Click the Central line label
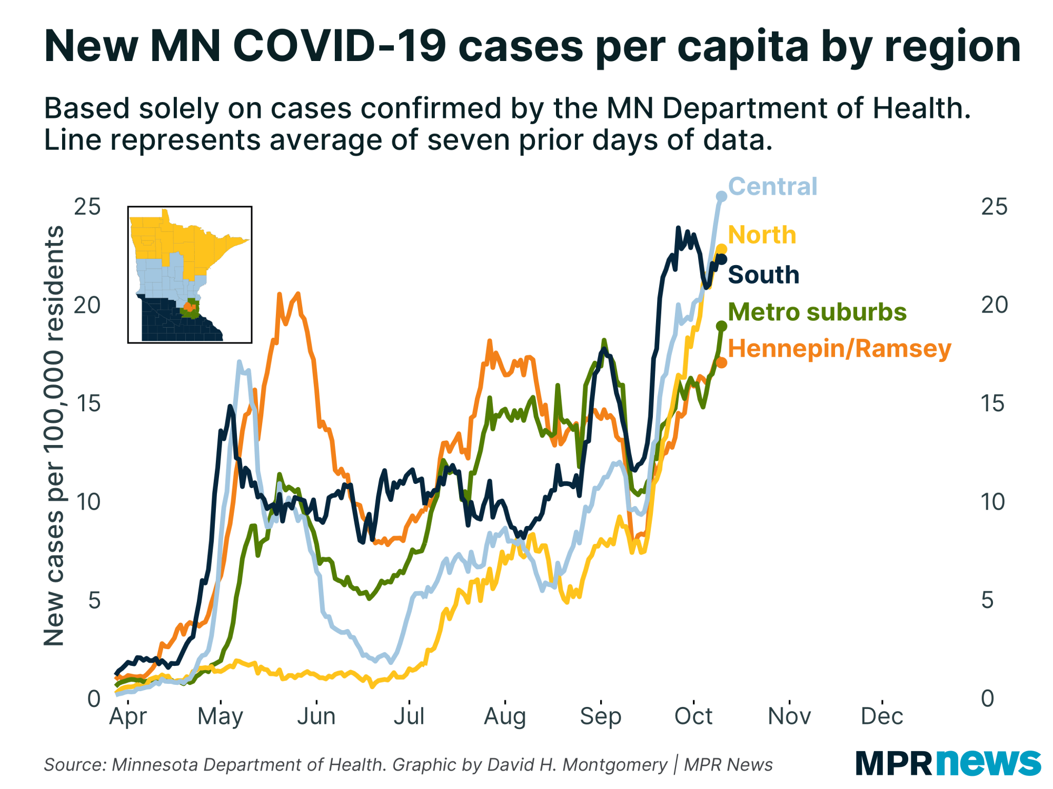coord(772,187)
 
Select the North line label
coord(761,235)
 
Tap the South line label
coord(763,275)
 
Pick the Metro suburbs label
coord(817,312)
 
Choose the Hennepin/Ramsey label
coord(839,349)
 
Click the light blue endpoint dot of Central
coord(721,196)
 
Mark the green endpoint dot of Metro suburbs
coord(721,326)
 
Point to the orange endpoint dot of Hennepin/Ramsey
coord(721,362)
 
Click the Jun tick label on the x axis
coord(316,716)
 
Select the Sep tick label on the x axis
coord(600,716)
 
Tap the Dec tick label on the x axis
coord(881,716)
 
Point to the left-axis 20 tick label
coord(87,305)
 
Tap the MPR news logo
coord(948,763)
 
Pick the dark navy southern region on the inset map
coord(168,321)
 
